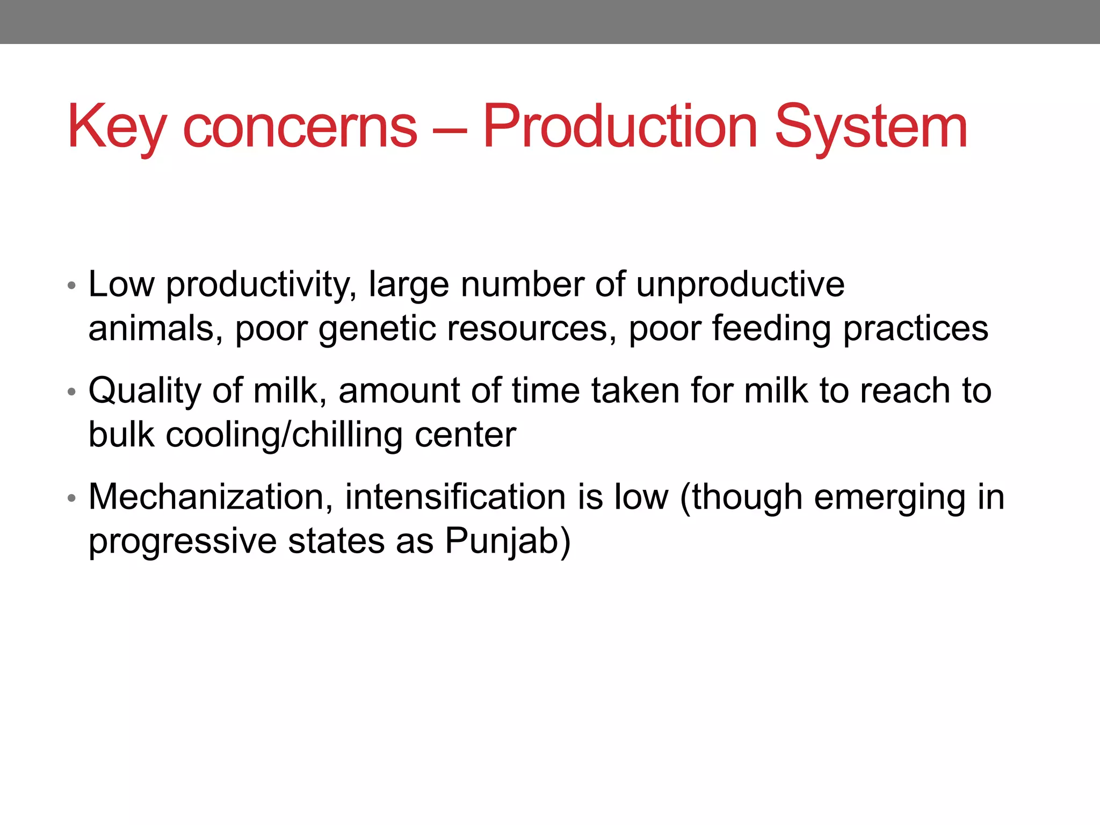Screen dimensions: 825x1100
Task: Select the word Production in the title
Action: [620, 127]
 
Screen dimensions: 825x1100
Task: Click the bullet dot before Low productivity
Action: [71, 286]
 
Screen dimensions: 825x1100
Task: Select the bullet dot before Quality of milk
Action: [71, 392]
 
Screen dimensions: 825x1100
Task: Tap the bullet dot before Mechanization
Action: [71, 498]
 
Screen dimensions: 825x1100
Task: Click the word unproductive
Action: [740, 285]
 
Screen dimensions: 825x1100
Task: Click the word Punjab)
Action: [508, 541]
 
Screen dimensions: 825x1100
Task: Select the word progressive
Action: [182, 541]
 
